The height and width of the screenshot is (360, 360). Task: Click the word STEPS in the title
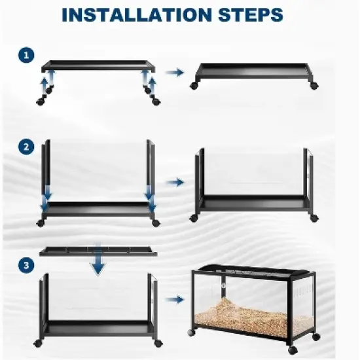pyautogui.click(x=251, y=14)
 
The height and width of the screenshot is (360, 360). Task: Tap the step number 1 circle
pyautogui.click(x=26, y=56)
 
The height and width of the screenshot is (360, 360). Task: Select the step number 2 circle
pyautogui.click(x=26, y=147)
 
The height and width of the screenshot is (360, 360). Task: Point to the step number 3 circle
pyautogui.click(x=26, y=265)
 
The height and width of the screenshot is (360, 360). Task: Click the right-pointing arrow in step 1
pyautogui.click(x=175, y=73)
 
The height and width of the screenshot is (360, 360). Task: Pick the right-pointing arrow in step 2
pyautogui.click(x=175, y=183)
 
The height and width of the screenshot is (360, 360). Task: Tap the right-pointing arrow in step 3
pyautogui.click(x=175, y=300)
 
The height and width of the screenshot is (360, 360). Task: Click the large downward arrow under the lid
pyautogui.click(x=98, y=259)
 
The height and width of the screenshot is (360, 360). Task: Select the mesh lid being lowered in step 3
pyautogui.click(x=98, y=251)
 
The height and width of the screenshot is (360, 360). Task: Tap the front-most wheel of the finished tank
pyautogui.click(x=293, y=350)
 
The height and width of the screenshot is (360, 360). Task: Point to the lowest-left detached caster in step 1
pyautogui.click(x=40, y=101)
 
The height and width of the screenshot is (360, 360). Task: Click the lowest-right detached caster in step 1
pyautogui.click(x=156, y=101)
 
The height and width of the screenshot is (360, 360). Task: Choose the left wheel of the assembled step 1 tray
pyautogui.click(x=194, y=86)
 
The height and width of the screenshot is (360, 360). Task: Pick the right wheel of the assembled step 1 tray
pyautogui.click(x=314, y=86)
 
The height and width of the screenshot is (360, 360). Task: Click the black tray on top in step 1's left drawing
pyautogui.click(x=98, y=66)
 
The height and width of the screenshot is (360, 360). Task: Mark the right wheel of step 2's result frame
pyautogui.click(x=314, y=218)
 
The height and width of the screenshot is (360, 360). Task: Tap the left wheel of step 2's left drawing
pyautogui.click(x=41, y=223)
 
